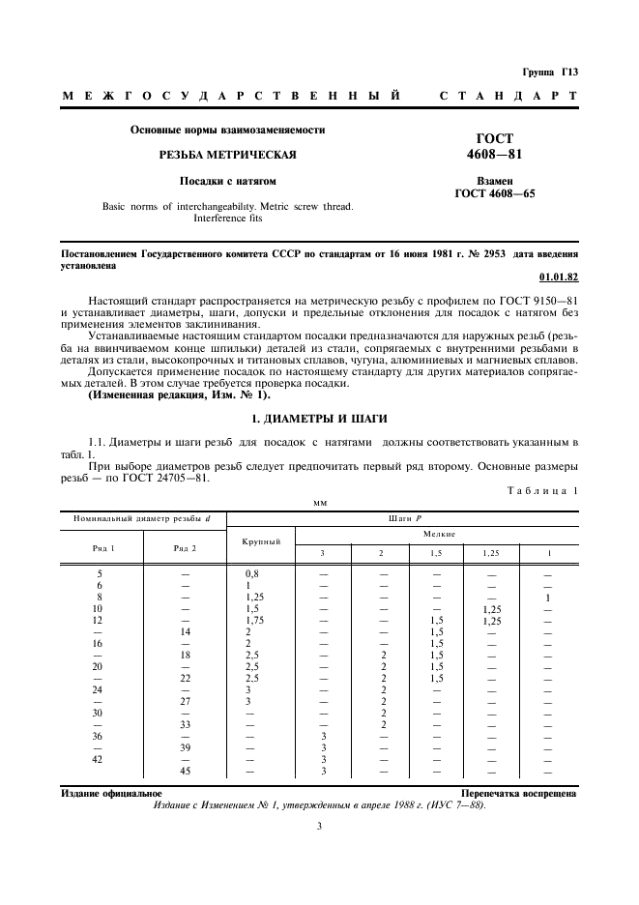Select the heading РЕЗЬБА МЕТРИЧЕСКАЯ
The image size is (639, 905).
point(227,155)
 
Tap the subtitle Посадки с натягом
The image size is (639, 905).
point(227,181)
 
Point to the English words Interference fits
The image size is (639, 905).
point(227,219)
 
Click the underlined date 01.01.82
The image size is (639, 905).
point(562,277)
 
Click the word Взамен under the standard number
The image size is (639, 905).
point(494,181)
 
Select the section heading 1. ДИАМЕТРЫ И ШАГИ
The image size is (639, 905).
point(319,418)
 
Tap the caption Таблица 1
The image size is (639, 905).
point(542,491)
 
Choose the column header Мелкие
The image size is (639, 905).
point(438,534)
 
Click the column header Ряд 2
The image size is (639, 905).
point(185,548)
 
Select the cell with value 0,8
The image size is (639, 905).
point(252,573)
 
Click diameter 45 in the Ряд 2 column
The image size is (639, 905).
point(185,771)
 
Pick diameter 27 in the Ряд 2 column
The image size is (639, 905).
point(185,701)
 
